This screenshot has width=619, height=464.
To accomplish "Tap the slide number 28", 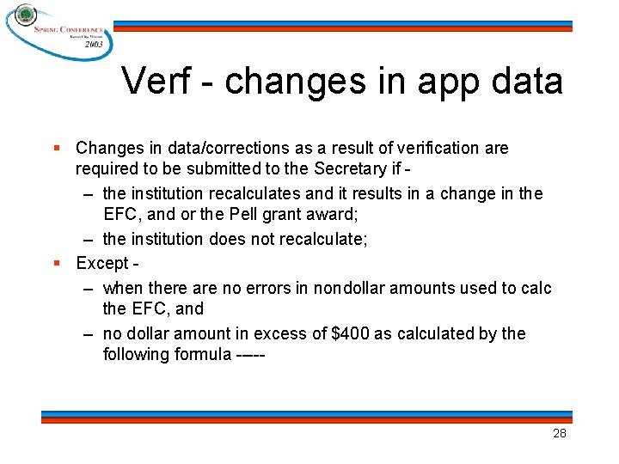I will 559,433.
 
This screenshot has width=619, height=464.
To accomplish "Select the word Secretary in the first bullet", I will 351,168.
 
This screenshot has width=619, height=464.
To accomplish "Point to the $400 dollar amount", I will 353,333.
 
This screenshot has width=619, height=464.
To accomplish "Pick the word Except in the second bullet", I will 102,263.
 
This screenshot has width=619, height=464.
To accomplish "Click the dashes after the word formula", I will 249,355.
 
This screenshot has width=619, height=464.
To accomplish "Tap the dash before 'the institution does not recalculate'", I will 89,239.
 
